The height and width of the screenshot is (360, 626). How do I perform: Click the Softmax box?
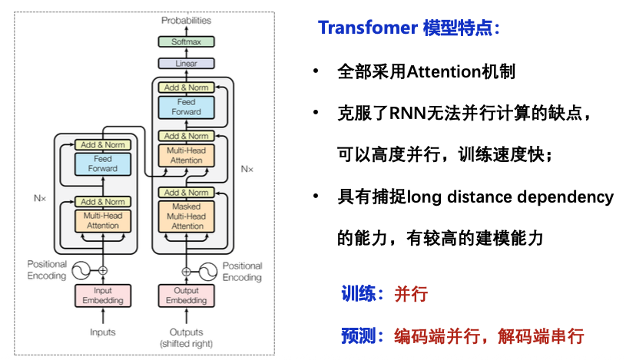pos(187,41)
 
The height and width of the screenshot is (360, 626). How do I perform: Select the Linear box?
pos(187,63)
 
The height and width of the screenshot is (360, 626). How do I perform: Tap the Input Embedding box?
pos(102,296)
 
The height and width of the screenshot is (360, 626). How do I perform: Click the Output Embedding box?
pos(187,296)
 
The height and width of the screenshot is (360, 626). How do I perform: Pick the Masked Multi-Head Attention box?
pos(187,216)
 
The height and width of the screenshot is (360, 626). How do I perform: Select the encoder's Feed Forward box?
pos(102,163)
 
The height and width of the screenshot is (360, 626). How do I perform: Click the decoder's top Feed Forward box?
pos(187,107)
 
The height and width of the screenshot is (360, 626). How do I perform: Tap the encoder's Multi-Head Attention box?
pos(102,221)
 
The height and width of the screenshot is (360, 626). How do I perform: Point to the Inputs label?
pos(102,332)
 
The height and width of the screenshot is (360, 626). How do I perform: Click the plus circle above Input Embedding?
pos(102,270)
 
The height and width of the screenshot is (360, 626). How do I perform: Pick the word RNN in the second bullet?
pos(412,114)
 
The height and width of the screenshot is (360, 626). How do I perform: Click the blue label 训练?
pos(358,294)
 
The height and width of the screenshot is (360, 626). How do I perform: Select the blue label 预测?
pos(358,335)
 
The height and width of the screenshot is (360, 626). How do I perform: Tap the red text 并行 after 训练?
pos(411,294)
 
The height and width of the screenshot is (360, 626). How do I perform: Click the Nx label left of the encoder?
pos(41,198)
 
